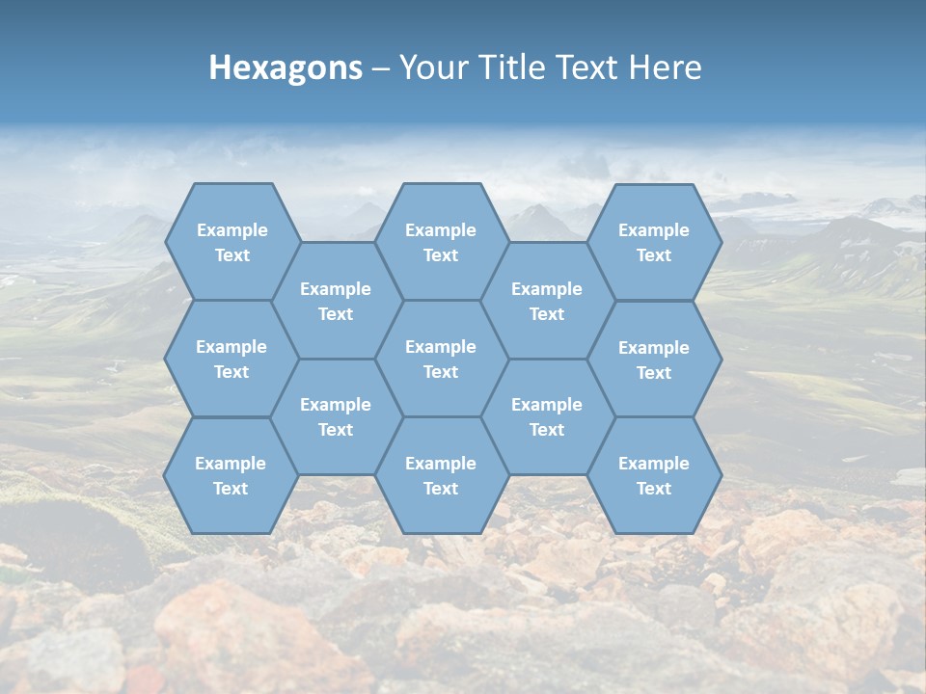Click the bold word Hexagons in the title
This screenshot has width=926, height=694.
pyautogui.click(x=286, y=67)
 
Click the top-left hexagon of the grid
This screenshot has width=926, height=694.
pyautogui.click(x=231, y=242)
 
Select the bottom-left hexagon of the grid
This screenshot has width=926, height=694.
pyautogui.click(x=231, y=475)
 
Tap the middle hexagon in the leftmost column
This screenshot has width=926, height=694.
pyautogui.click(x=231, y=359)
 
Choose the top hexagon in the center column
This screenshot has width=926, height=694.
pyautogui.click(x=441, y=242)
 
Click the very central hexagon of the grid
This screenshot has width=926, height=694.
pyautogui.click(x=441, y=359)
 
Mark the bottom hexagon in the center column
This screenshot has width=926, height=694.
pyautogui.click(x=441, y=475)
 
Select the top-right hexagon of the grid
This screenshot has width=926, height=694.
pyautogui.click(x=654, y=242)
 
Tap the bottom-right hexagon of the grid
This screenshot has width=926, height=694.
pyautogui.click(x=654, y=475)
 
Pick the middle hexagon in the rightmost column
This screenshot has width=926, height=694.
pyautogui.click(x=654, y=360)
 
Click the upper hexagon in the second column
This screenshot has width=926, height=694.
pyautogui.click(x=336, y=301)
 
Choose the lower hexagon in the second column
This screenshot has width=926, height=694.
pyautogui.click(x=336, y=416)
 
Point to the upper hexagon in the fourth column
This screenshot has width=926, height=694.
pyautogui.click(x=547, y=301)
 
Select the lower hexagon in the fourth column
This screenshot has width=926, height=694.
pyautogui.click(x=547, y=416)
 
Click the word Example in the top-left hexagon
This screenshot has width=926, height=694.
pyautogui.click(x=231, y=230)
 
